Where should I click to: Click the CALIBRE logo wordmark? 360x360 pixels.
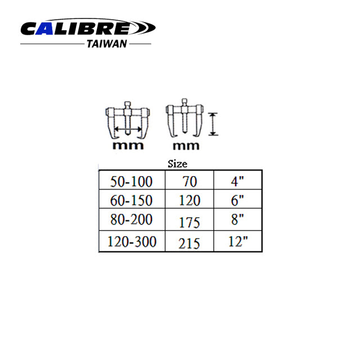point(88,28)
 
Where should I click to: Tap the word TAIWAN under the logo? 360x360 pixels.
point(107,44)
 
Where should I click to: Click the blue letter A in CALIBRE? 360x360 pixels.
point(44,29)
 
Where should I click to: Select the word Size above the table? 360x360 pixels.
point(177,164)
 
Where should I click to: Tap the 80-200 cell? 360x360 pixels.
point(131,219)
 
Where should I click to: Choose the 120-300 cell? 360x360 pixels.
point(132,241)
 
